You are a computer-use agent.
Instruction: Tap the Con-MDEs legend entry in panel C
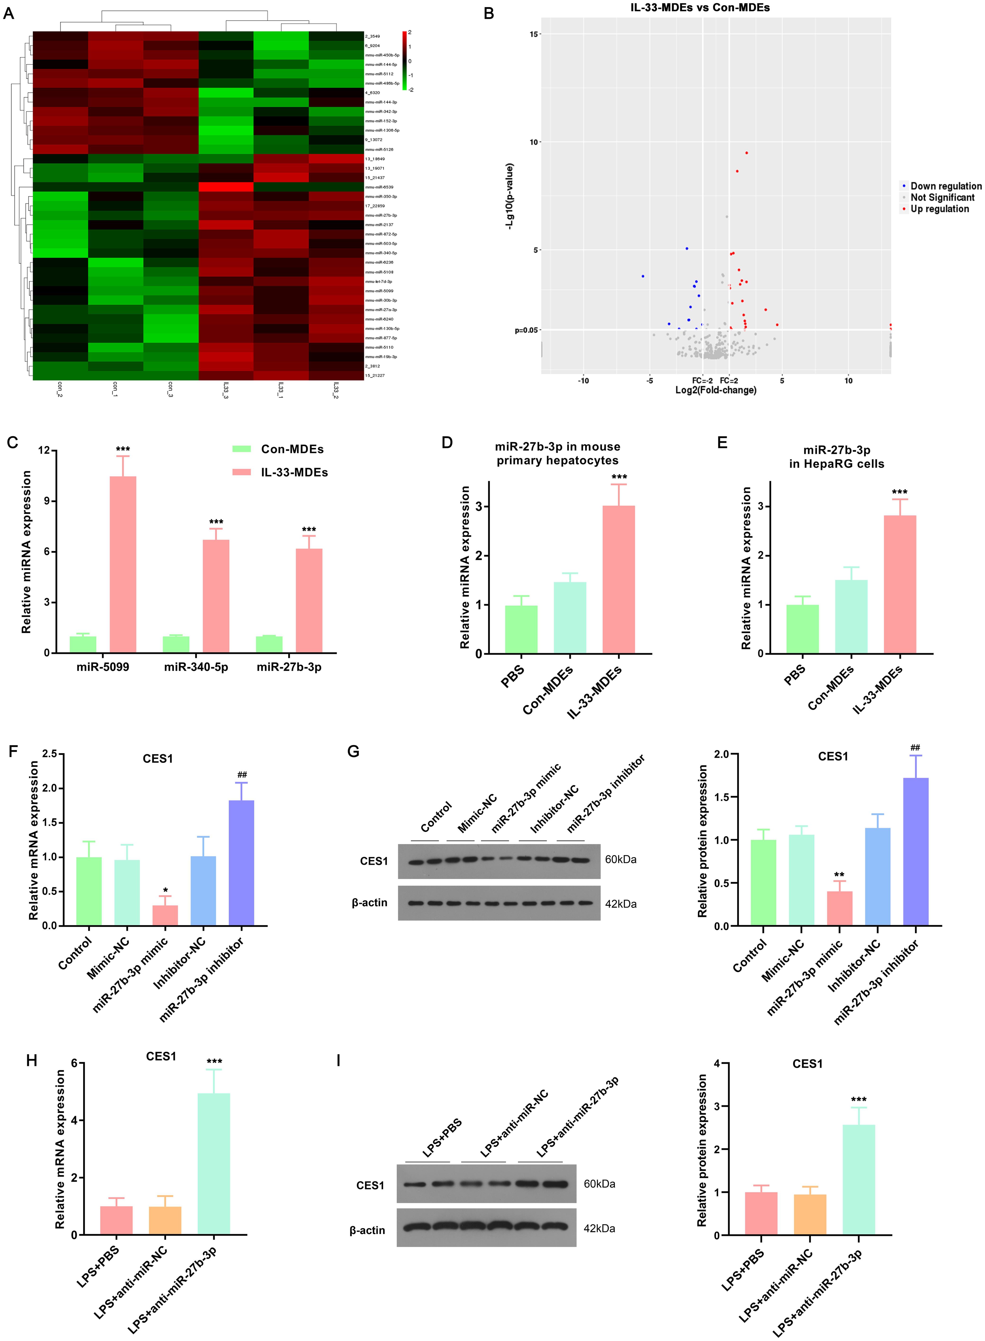pyautogui.click(x=280, y=449)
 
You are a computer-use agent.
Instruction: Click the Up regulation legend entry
pyautogui.click(x=939, y=209)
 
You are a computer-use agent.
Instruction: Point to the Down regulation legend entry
pyautogui.click(x=945, y=186)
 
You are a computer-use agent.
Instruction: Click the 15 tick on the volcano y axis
pyautogui.click(x=534, y=34)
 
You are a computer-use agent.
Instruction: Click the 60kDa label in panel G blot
pyautogui.click(x=621, y=859)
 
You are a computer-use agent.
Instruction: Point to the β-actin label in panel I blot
pyautogui.click(x=367, y=1230)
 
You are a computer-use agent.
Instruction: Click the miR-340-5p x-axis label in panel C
pyautogui.click(x=196, y=667)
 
